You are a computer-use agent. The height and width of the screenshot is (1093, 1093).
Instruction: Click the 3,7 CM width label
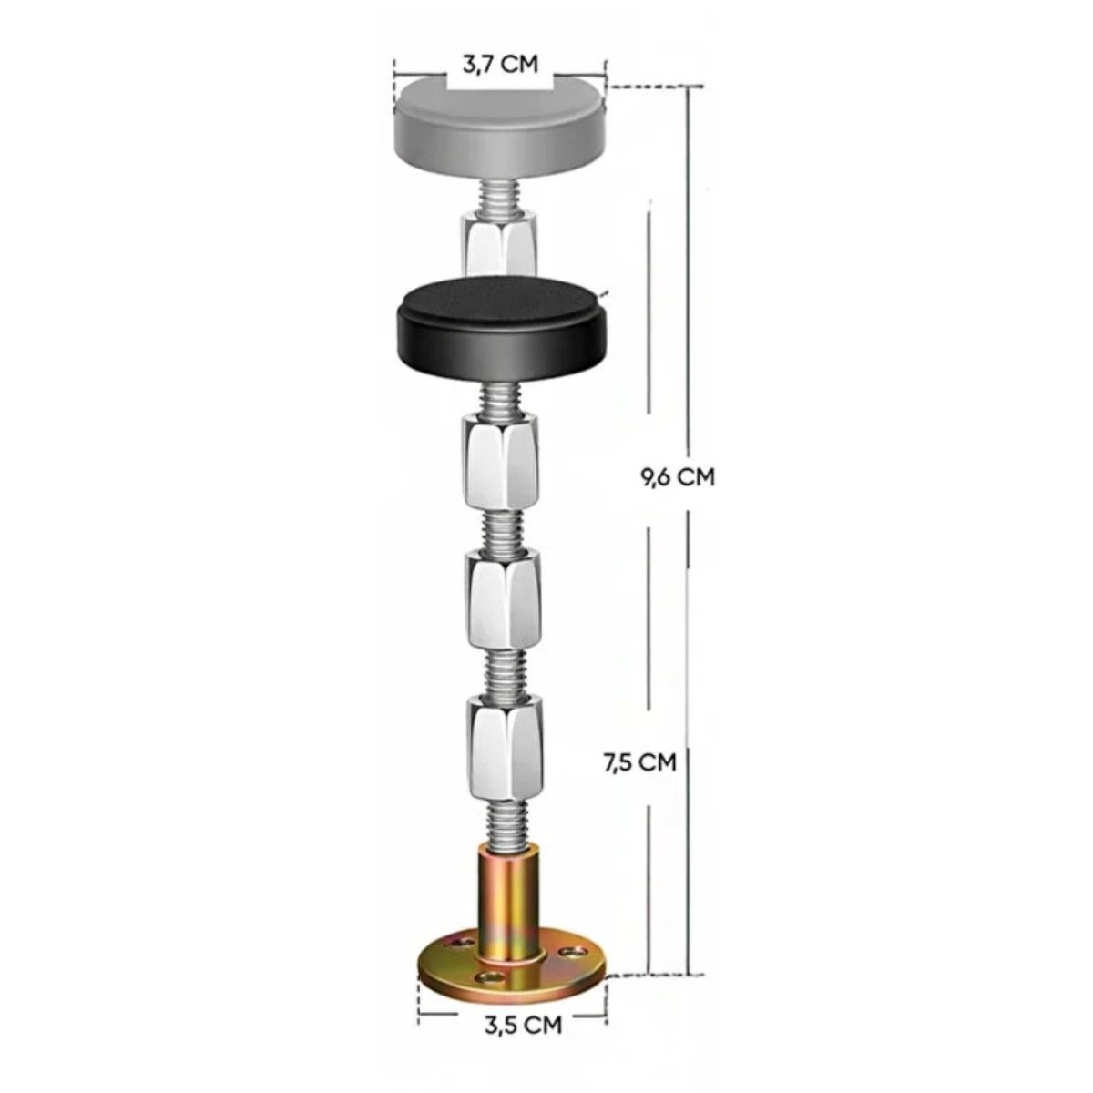500,64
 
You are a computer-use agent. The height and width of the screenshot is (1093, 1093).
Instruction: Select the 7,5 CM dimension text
640,762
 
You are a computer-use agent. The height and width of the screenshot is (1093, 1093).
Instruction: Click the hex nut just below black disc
500,463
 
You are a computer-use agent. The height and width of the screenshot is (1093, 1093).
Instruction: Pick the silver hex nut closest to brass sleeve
505,745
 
